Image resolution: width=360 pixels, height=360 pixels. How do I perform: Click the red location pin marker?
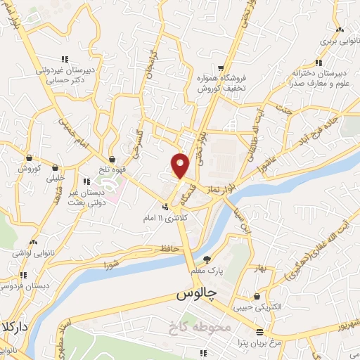pyautogui.click(x=181, y=165)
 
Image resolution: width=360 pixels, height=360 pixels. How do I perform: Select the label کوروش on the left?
pyautogui.click(x=31, y=169)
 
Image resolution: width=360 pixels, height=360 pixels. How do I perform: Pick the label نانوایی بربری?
pyautogui.click(x=339, y=41)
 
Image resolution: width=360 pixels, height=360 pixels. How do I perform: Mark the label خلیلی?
pyautogui.click(x=56, y=179)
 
